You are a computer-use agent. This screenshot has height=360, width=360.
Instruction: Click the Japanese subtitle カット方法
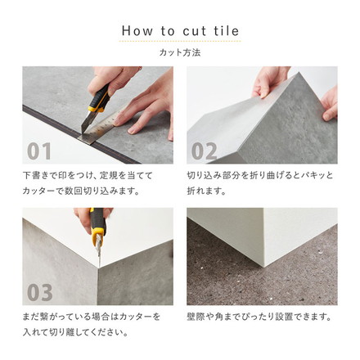coord(180,52)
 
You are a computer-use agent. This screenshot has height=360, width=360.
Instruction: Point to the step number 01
coord(39,151)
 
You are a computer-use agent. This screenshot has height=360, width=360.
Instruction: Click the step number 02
coord(205,151)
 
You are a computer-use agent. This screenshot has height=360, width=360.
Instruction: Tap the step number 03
coord(39,292)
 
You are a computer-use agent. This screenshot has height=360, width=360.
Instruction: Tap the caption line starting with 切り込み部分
coord(260,175)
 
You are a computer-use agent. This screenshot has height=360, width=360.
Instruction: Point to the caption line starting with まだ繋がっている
coord(92,316)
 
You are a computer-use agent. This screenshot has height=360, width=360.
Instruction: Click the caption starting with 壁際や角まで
coord(259,316)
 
